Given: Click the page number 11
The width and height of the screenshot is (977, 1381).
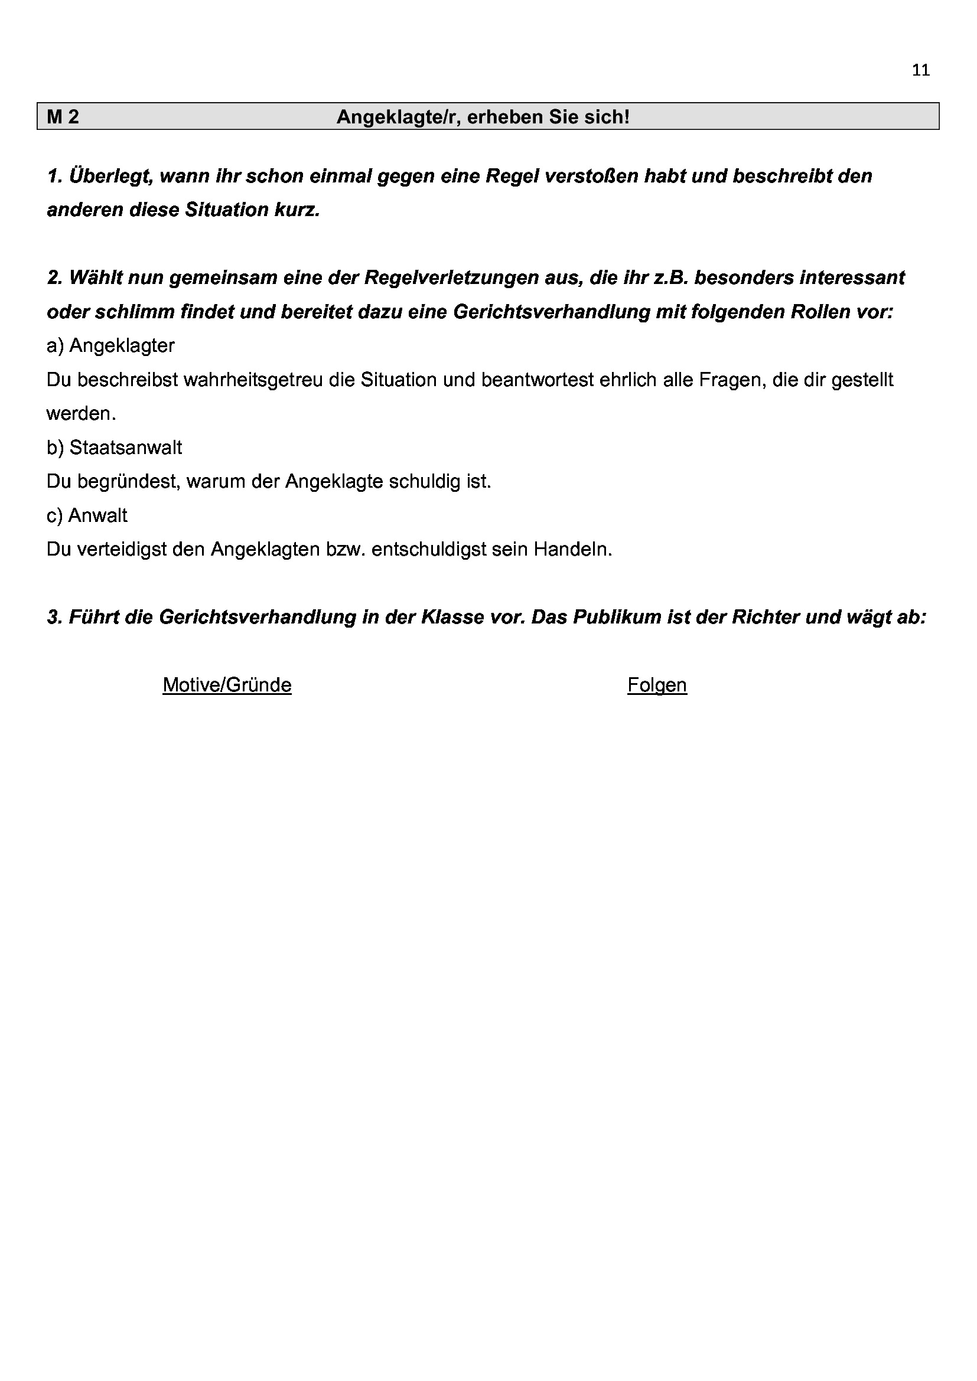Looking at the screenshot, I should [x=920, y=70].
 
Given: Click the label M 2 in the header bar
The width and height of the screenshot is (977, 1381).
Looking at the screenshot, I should [x=63, y=117].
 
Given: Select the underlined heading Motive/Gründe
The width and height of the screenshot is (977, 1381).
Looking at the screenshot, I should [x=227, y=684].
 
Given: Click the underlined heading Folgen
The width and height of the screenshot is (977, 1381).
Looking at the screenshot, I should [x=657, y=684].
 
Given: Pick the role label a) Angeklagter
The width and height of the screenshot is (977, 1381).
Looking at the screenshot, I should [x=110, y=345].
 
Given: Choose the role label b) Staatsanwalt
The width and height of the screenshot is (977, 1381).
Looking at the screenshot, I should [x=115, y=448].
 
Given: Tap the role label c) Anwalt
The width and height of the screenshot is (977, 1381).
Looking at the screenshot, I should [x=87, y=515].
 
